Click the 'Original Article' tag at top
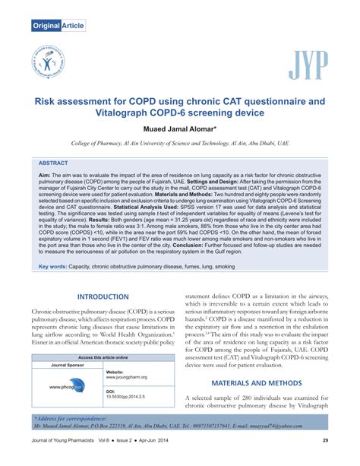click(56, 26)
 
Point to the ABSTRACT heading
click(53, 163)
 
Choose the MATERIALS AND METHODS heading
click(256, 384)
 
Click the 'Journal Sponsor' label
click(68, 365)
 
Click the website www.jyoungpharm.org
click(127, 377)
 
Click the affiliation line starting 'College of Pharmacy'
click(179, 143)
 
